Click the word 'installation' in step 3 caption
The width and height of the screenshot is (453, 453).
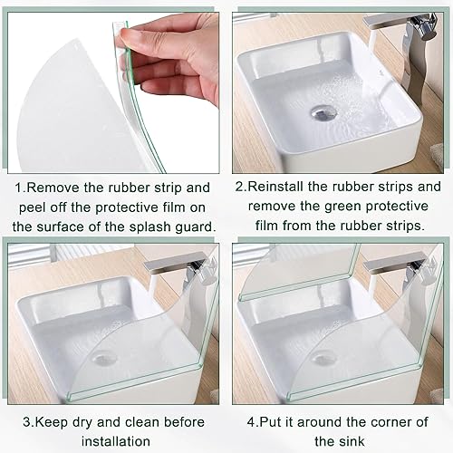[116, 441]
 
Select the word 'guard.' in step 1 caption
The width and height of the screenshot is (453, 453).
[196, 227]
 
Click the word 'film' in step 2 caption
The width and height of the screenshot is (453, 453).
[266, 226]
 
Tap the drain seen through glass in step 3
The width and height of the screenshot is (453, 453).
[104, 358]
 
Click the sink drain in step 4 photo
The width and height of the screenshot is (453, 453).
[322, 358]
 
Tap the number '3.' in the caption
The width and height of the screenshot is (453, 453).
[29, 422]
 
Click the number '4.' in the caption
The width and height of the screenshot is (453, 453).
[253, 422]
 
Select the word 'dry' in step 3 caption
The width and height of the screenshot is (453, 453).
[82, 423]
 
